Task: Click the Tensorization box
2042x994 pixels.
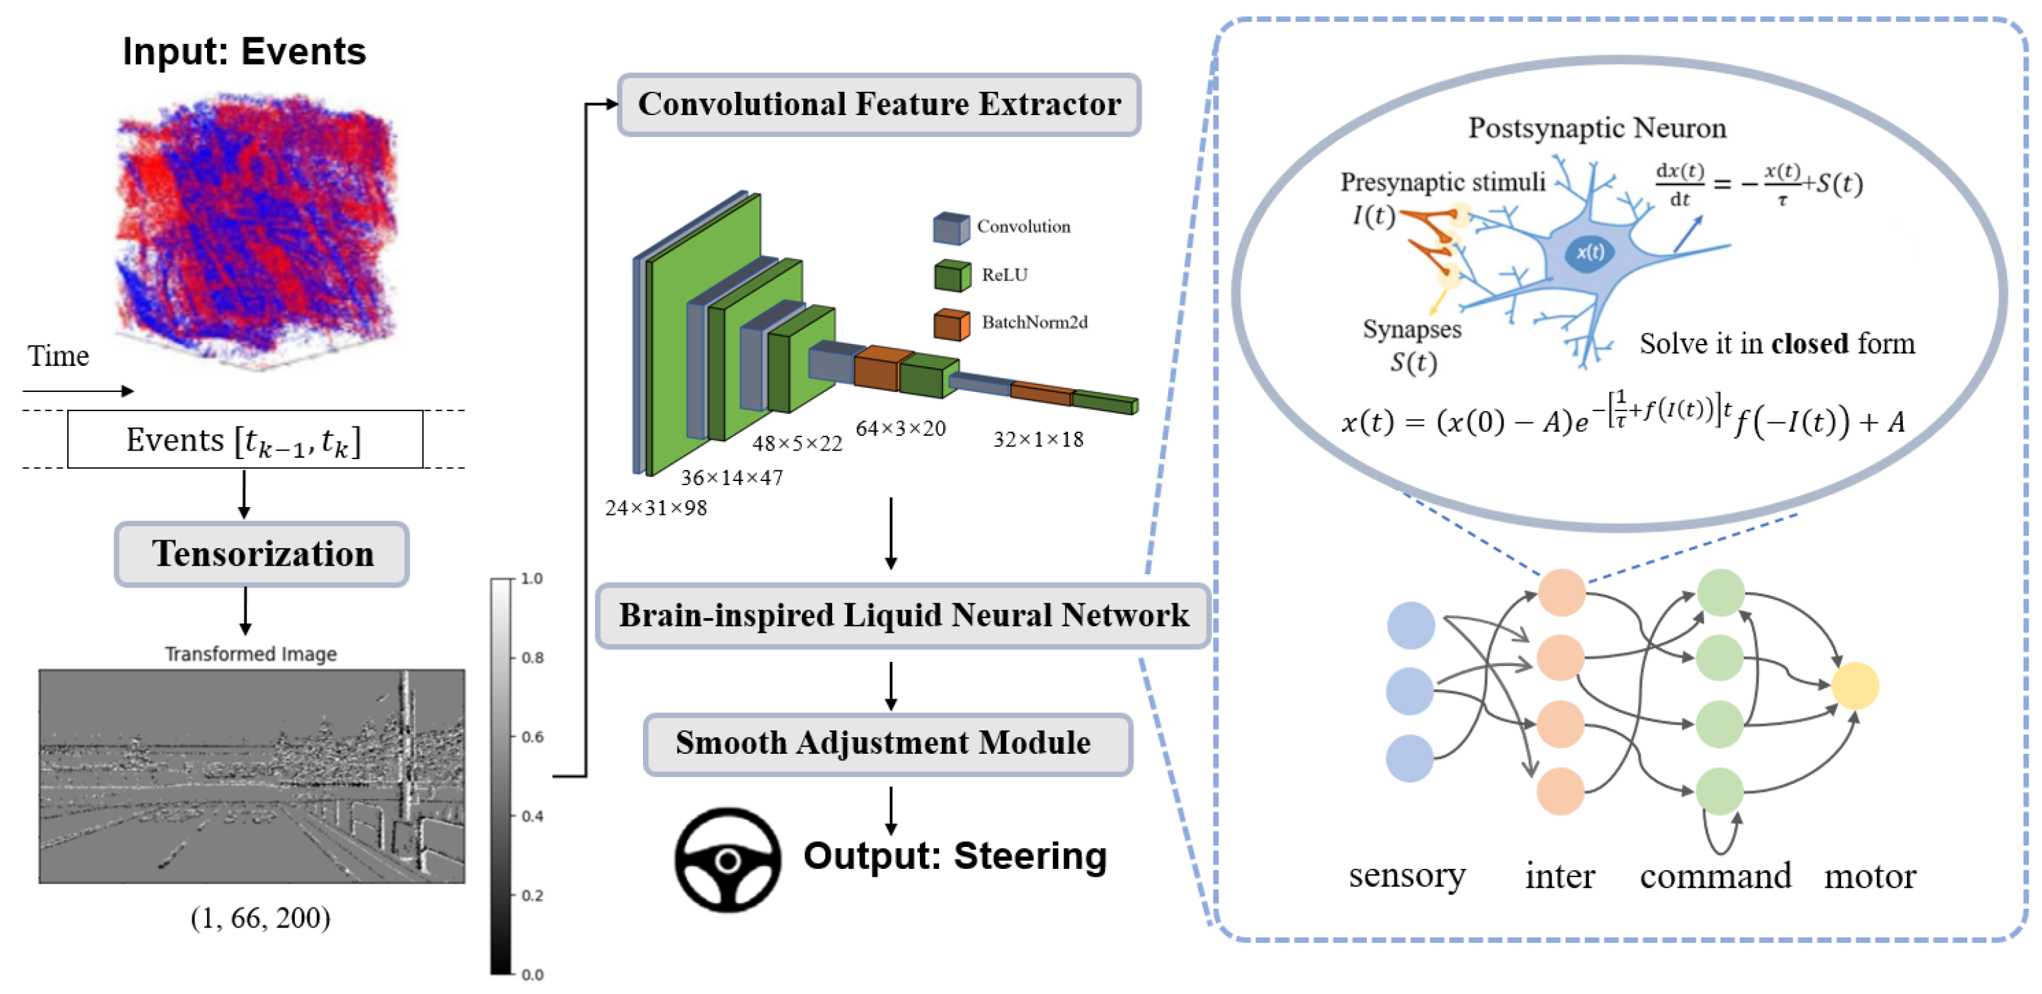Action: click(262, 554)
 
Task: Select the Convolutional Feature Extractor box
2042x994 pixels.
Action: click(879, 104)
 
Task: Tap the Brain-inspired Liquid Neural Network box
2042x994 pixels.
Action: click(903, 616)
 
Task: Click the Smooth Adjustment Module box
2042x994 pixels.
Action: click(887, 744)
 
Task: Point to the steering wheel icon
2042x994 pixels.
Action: click(727, 860)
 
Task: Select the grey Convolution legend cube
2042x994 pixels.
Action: click(950, 228)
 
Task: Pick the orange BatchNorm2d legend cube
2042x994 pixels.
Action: click(950, 324)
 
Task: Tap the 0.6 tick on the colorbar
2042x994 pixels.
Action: click(532, 737)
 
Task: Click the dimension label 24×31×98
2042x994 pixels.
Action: click(656, 508)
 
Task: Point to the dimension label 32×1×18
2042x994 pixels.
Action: click(1038, 439)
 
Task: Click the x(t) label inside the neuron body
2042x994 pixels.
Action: click(1589, 252)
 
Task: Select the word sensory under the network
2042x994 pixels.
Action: click(1406, 875)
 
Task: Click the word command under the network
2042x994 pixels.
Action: click(1715, 876)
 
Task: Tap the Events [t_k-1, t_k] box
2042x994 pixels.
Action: click(244, 439)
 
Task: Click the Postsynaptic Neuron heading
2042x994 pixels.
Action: click(1597, 128)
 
